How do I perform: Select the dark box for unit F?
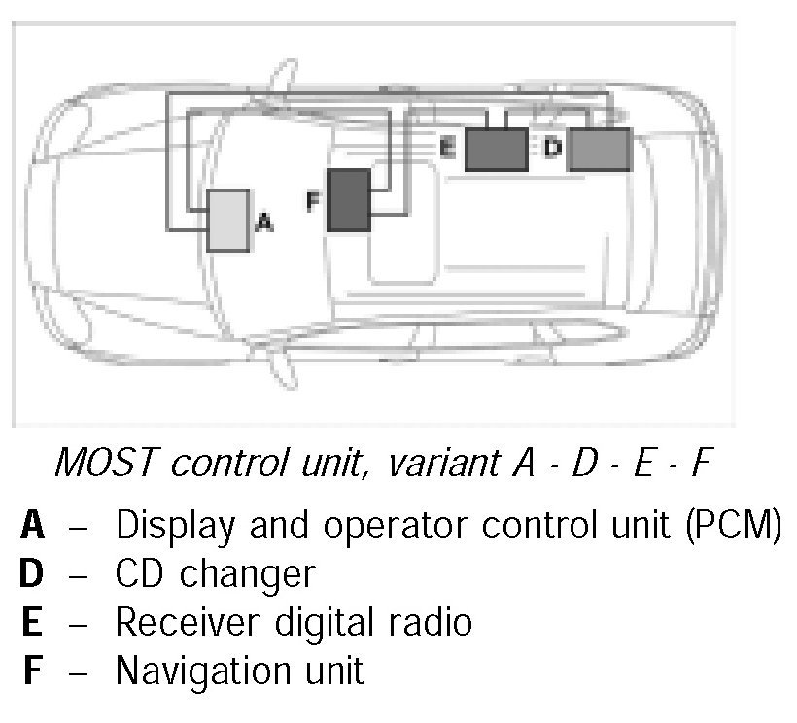[349, 200]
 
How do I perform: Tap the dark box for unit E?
[497, 149]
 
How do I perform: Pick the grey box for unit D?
[599, 149]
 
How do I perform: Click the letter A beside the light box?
[263, 224]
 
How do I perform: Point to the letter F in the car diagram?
[312, 201]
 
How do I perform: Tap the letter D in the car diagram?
[552, 148]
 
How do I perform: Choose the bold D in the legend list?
[32, 573]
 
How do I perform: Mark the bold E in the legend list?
[32, 622]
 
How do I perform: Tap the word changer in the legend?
[247, 574]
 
